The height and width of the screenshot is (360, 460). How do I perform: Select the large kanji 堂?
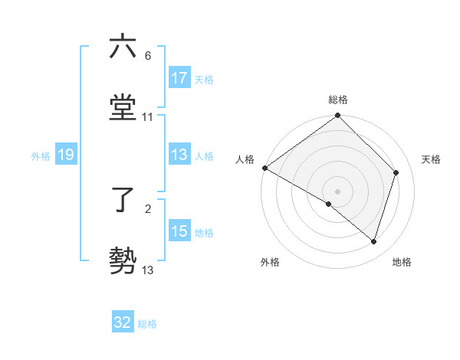point(123,107)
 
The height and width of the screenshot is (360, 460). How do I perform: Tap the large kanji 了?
point(123,199)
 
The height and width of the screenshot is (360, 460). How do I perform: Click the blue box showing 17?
point(179,78)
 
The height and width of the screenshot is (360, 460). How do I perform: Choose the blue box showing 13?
point(179,155)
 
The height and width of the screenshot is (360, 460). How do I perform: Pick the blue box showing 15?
point(179,232)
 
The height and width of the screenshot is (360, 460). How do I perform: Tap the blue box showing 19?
point(66,155)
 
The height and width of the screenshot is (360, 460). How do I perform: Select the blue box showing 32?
point(123,322)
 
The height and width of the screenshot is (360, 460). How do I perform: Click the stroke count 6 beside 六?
point(147,56)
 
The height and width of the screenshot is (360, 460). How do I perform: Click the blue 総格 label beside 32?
point(147,324)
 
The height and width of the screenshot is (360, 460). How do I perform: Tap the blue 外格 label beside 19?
point(41,156)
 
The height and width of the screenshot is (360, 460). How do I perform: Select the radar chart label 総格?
point(338,100)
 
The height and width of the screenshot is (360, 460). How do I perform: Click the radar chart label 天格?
point(431,159)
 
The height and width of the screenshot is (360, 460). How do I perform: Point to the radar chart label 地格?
point(402,262)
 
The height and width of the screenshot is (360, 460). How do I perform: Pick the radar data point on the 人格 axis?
point(264,168)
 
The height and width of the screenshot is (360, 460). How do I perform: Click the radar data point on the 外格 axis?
point(329,204)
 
